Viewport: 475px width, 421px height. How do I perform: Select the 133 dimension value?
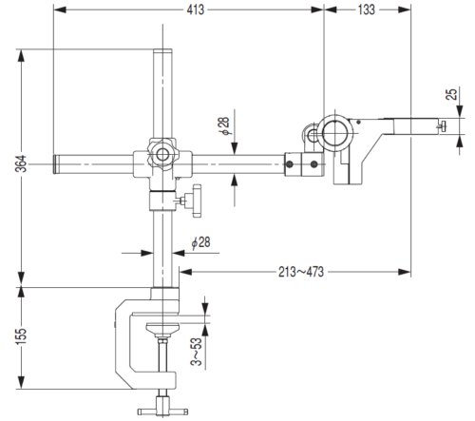point(367,10)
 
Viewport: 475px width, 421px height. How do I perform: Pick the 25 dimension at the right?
point(453,95)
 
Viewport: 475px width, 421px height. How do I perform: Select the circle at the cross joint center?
point(163,153)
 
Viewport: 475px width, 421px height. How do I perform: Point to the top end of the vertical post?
point(163,53)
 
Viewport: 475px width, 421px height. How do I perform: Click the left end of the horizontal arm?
point(58,164)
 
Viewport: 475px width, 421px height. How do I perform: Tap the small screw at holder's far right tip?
point(442,126)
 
